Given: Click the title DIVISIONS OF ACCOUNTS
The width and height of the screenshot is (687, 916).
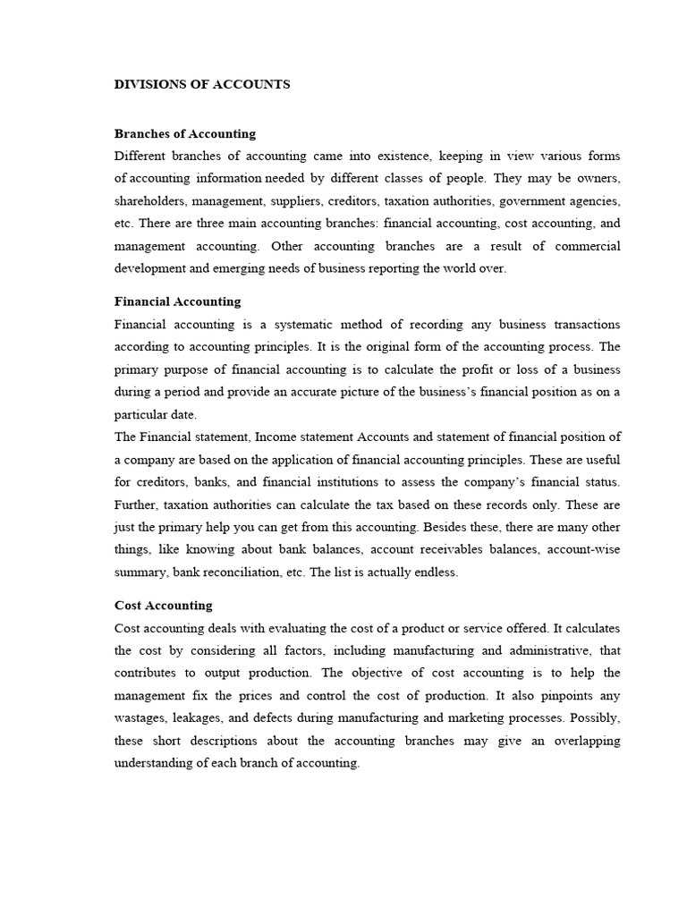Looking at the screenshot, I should [x=202, y=84].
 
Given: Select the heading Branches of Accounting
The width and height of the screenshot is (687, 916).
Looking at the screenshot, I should [x=185, y=133].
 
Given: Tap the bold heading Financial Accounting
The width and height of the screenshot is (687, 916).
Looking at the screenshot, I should [x=178, y=301].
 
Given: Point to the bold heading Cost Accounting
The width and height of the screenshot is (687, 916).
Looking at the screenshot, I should [x=164, y=606].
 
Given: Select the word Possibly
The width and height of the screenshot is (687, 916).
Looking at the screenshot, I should [x=595, y=718].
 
